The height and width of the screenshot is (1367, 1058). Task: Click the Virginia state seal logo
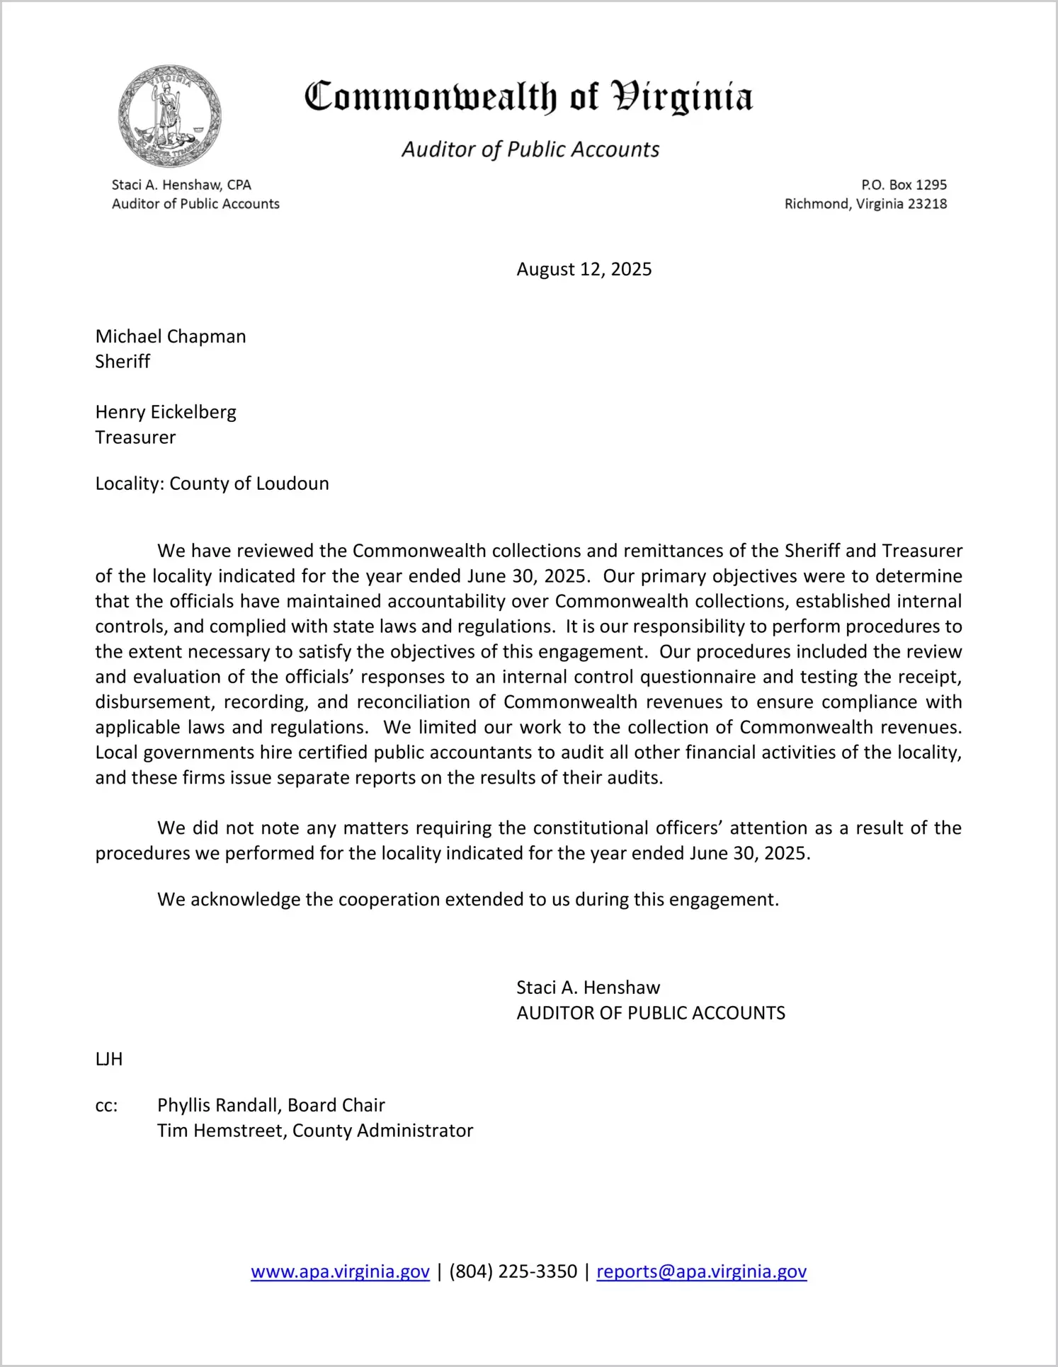point(169,117)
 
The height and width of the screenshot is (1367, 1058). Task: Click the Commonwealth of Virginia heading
point(528,97)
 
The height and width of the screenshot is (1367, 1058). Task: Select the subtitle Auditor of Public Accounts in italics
point(530,149)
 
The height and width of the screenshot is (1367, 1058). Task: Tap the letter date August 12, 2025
point(584,269)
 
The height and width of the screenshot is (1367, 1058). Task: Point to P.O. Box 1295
point(904,185)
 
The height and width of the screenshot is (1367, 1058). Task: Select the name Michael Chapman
point(171,336)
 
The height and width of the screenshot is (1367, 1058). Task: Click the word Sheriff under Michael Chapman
point(123,362)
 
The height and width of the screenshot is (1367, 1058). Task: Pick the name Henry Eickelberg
point(166,412)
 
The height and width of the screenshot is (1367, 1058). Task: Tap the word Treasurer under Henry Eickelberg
point(135,437)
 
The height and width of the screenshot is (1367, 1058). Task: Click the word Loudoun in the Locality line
point(292,484)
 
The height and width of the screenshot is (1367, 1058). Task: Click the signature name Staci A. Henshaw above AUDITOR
point(588,988)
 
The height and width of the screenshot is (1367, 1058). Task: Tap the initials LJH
point(109,1059)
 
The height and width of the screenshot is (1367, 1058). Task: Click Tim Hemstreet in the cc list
point(221,1131)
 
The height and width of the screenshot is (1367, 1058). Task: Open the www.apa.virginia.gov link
point(340,1271)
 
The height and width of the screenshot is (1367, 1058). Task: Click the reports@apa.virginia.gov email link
point(701,1271)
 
